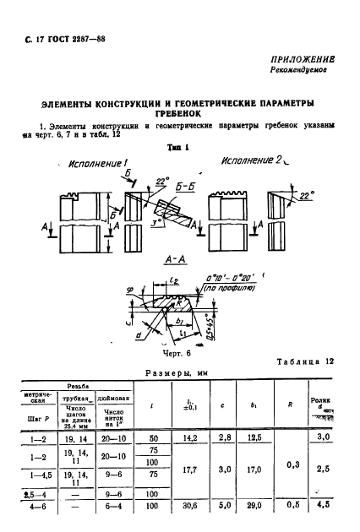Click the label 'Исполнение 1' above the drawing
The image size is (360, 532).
pos(95,163)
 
